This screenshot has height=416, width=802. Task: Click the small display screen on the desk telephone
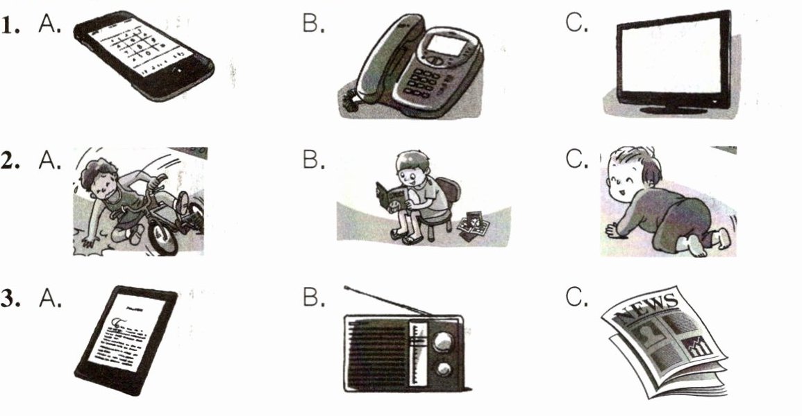point(444,46)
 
